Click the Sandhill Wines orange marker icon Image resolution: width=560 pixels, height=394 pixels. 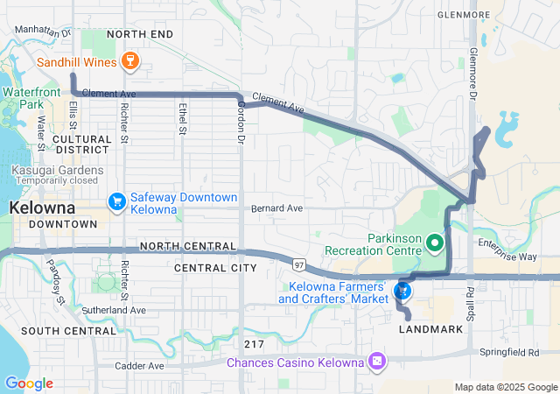click(130, 61)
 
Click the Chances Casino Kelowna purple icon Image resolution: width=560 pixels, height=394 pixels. click(377, 361)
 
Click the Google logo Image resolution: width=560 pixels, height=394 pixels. click(29, 383)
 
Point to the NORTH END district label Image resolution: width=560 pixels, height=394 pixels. click(139, 34)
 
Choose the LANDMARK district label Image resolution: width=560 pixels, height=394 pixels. click(430, 329)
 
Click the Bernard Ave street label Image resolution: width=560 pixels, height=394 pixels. click(276, 209)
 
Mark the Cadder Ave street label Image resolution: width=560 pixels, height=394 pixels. click(137, 365)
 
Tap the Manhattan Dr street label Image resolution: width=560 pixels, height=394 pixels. click(43, 31)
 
